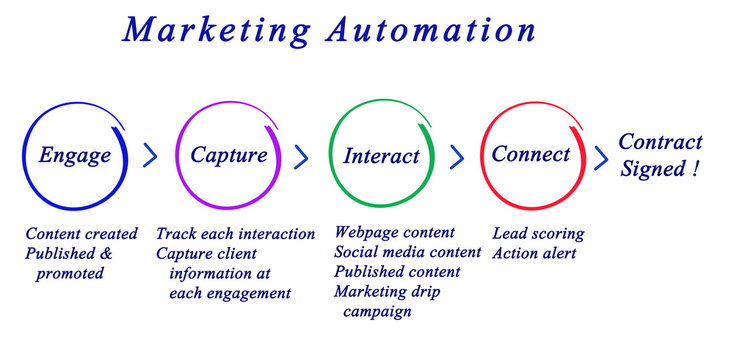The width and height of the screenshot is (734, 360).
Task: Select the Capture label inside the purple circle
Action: click(x=229, y=155)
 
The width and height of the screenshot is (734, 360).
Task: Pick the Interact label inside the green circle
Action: click(x=381, y=156)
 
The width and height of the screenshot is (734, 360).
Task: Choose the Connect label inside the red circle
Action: click(x=531, y=155)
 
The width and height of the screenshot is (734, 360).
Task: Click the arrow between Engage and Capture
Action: click(x=151, y=155)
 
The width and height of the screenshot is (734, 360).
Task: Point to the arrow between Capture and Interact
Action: click(x=301, y=156)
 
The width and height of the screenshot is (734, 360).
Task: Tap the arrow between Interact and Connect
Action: click(x=457, y=156)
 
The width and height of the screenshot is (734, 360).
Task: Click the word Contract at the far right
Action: click(x=660, y=142)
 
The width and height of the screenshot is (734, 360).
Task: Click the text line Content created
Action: click(x=82, y=234)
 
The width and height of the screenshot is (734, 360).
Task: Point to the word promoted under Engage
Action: click(x=70, y=273)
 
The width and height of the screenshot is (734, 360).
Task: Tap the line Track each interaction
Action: click(x=235, y=234)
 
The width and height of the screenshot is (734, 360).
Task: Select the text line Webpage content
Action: click(x=394, y=233)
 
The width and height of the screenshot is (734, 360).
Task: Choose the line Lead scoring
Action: click(x=538, y=233)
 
